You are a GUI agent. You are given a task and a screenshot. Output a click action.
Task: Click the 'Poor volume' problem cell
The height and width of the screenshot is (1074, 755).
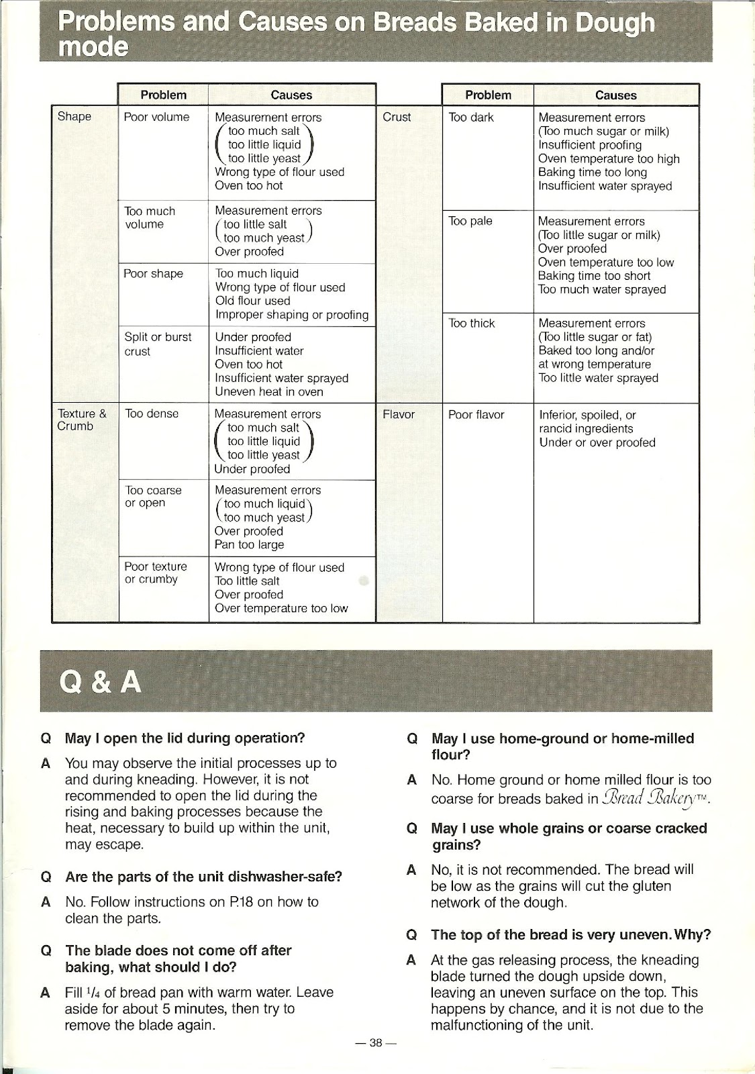pyautogui.click(x=156, y=117)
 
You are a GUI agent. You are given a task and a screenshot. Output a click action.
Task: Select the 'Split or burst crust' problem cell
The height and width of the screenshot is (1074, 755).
pyautogui.click(x=158, y=344)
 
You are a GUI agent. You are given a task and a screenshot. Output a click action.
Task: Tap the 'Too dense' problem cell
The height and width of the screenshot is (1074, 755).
pyautogui.click(x=152, y=414)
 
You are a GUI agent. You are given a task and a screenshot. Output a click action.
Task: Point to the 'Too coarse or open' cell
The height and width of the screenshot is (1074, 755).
pyautogui.click(x=153, y=497)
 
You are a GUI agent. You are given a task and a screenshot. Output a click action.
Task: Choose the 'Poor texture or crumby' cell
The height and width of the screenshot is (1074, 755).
pyautogui.click(x=156, y=573)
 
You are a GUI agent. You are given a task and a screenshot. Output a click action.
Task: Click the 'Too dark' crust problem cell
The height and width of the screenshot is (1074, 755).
pyautogui.click(x=471, y=117)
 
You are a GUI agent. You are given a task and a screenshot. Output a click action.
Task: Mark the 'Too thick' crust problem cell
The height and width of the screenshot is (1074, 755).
pyautogui.click(x=472, y=324)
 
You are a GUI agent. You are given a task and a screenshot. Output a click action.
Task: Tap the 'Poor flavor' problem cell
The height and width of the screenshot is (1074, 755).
pyautogui.click(x=476, y=415)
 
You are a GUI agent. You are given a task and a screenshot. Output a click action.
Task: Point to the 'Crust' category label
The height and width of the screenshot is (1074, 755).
pyautogui.click(x=397, y=117)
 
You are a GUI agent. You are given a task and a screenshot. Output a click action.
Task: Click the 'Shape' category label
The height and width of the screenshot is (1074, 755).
pyautogui.click(x=74, y=117)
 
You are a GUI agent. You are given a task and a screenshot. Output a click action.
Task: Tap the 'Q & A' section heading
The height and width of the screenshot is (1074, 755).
pyautogui.click(x=101, y=682)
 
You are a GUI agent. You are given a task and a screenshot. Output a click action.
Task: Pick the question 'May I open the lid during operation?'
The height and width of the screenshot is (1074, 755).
pyautogui.click(x=185, y=738)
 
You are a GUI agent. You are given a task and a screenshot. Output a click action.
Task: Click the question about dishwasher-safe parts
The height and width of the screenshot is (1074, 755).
pyautogui.click(x=203, y=877)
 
